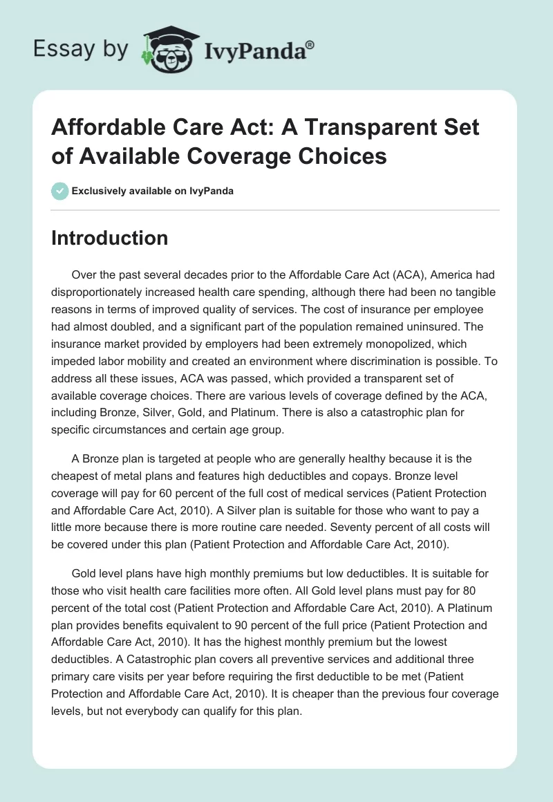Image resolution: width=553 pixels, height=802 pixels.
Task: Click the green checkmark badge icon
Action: (x=60, y=191)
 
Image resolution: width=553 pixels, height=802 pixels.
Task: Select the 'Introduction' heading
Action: (x=110, y=239)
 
